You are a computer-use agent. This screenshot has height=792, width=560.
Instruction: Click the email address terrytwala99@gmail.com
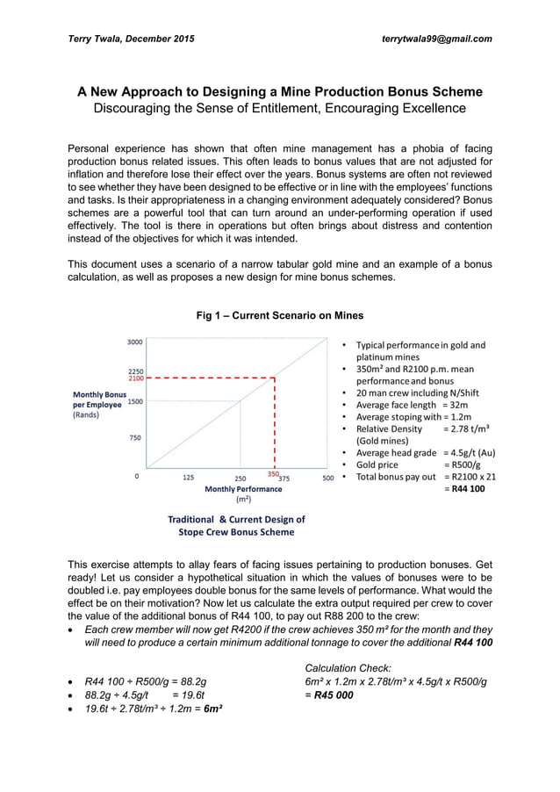(436, 39)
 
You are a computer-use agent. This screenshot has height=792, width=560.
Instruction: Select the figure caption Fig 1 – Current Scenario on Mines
(279, 315)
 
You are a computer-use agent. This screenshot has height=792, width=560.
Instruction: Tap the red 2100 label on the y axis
(136, 378)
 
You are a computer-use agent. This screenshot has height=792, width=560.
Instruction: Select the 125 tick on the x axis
(188, 478)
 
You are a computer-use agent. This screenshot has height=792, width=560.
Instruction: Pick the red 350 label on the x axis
(272, 475)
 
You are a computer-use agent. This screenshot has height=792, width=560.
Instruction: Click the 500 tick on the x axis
(328, 478)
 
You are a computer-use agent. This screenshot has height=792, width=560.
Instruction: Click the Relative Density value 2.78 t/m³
(466, 428)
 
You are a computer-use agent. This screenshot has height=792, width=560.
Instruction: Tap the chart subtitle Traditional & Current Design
(236, 519)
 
